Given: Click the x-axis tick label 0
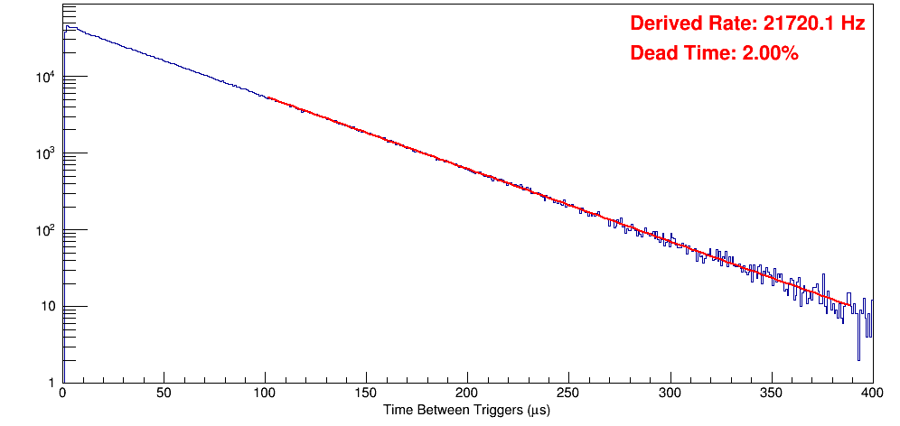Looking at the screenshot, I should point(62,394).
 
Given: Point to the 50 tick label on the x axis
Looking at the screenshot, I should point(164,394).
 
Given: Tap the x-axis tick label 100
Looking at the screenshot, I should point(265,394).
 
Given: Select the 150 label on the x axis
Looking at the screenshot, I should point(366,394).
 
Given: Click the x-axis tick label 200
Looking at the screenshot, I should point(467,394).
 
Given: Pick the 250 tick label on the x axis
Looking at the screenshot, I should point(568,394).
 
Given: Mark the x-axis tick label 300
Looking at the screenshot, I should point(670,394).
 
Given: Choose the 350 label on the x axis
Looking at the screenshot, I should point(771,394).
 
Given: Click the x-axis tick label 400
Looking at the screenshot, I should point(871,394).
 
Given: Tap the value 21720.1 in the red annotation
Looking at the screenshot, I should point(792,24).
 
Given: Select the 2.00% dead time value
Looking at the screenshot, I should point(770,54).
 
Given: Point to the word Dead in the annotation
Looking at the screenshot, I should point(652,54).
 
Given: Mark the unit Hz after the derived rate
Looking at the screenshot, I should point(854,24).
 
